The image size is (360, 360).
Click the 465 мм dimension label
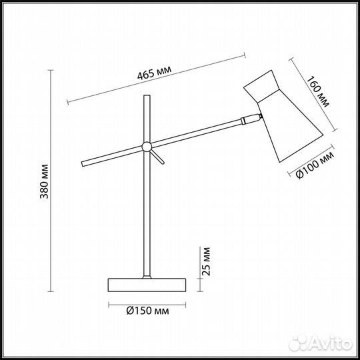pyautogui.click(x=154, y=72)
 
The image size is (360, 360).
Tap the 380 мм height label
pyautogui.click(x=44, y=181)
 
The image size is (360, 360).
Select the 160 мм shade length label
pyautogui.click(x=318, y=92)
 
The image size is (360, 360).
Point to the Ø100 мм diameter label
pyautogui.click(x=315, y=165)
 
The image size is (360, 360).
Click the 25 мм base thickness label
pyautogui.click(x=206, y=261)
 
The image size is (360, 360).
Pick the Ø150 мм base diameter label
pyautogui.click(x=147, y=311)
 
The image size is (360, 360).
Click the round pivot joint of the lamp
pyautogui.click(x=147, y=147)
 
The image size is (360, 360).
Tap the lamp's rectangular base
pyautogui.click(x=147, y=285)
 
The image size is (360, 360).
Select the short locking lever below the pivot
pyautogui.click(x=157, y=157)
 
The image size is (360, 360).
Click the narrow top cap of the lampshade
pyautogui.click(x=261, y=86)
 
